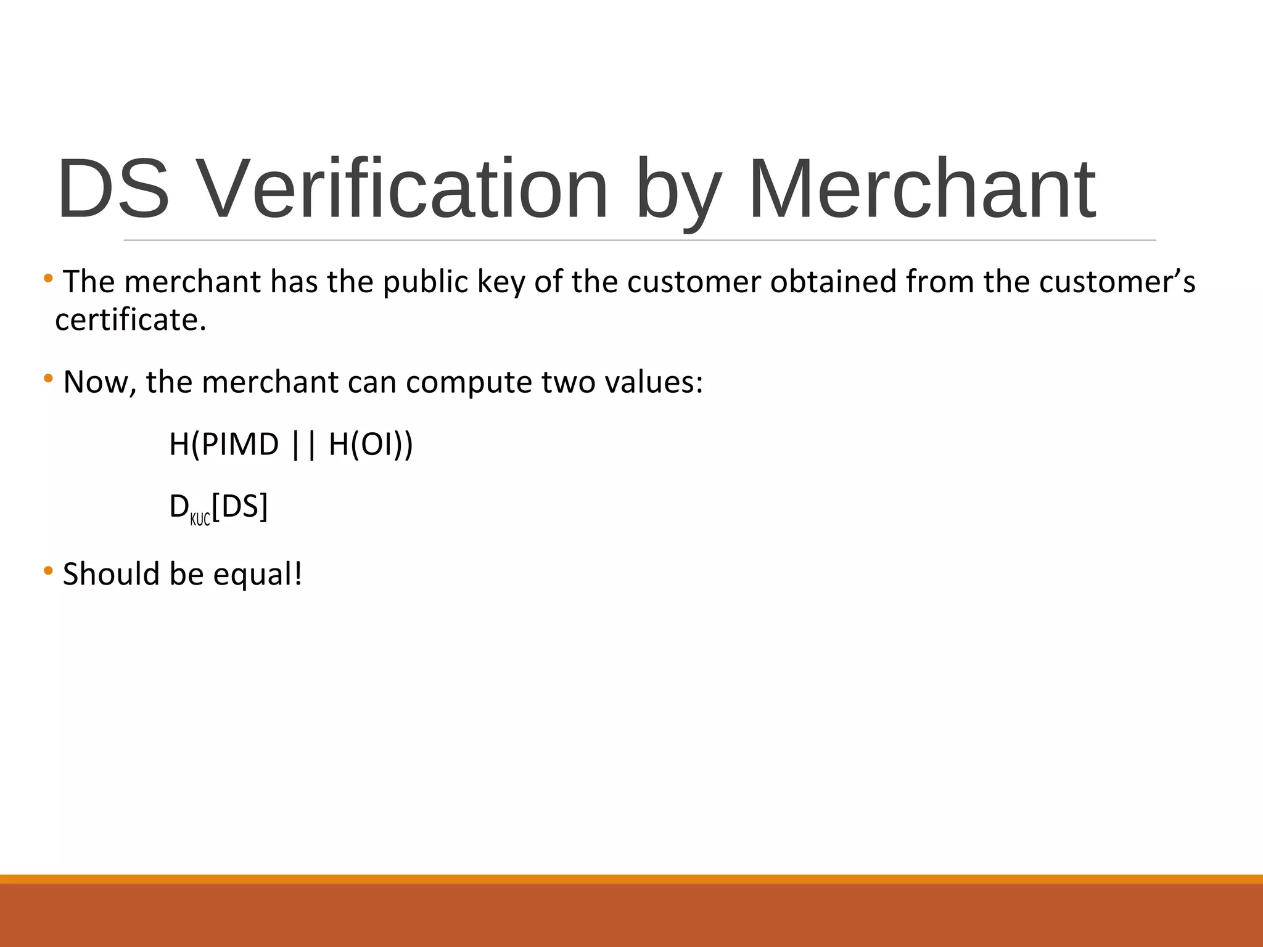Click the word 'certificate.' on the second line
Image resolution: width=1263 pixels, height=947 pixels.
131,320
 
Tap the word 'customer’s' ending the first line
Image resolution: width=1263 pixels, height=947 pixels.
1117,282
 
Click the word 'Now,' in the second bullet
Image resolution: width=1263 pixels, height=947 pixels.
100,382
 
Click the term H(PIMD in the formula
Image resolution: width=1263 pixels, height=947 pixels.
224,445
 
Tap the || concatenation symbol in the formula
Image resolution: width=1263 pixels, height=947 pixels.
303,445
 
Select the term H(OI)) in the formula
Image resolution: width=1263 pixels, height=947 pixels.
371,445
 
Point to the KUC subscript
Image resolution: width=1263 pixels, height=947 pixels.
200,519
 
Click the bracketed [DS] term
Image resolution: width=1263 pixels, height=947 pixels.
240,507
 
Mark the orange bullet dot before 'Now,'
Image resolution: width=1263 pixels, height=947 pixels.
48,378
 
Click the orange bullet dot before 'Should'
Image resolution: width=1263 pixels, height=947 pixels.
48,571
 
